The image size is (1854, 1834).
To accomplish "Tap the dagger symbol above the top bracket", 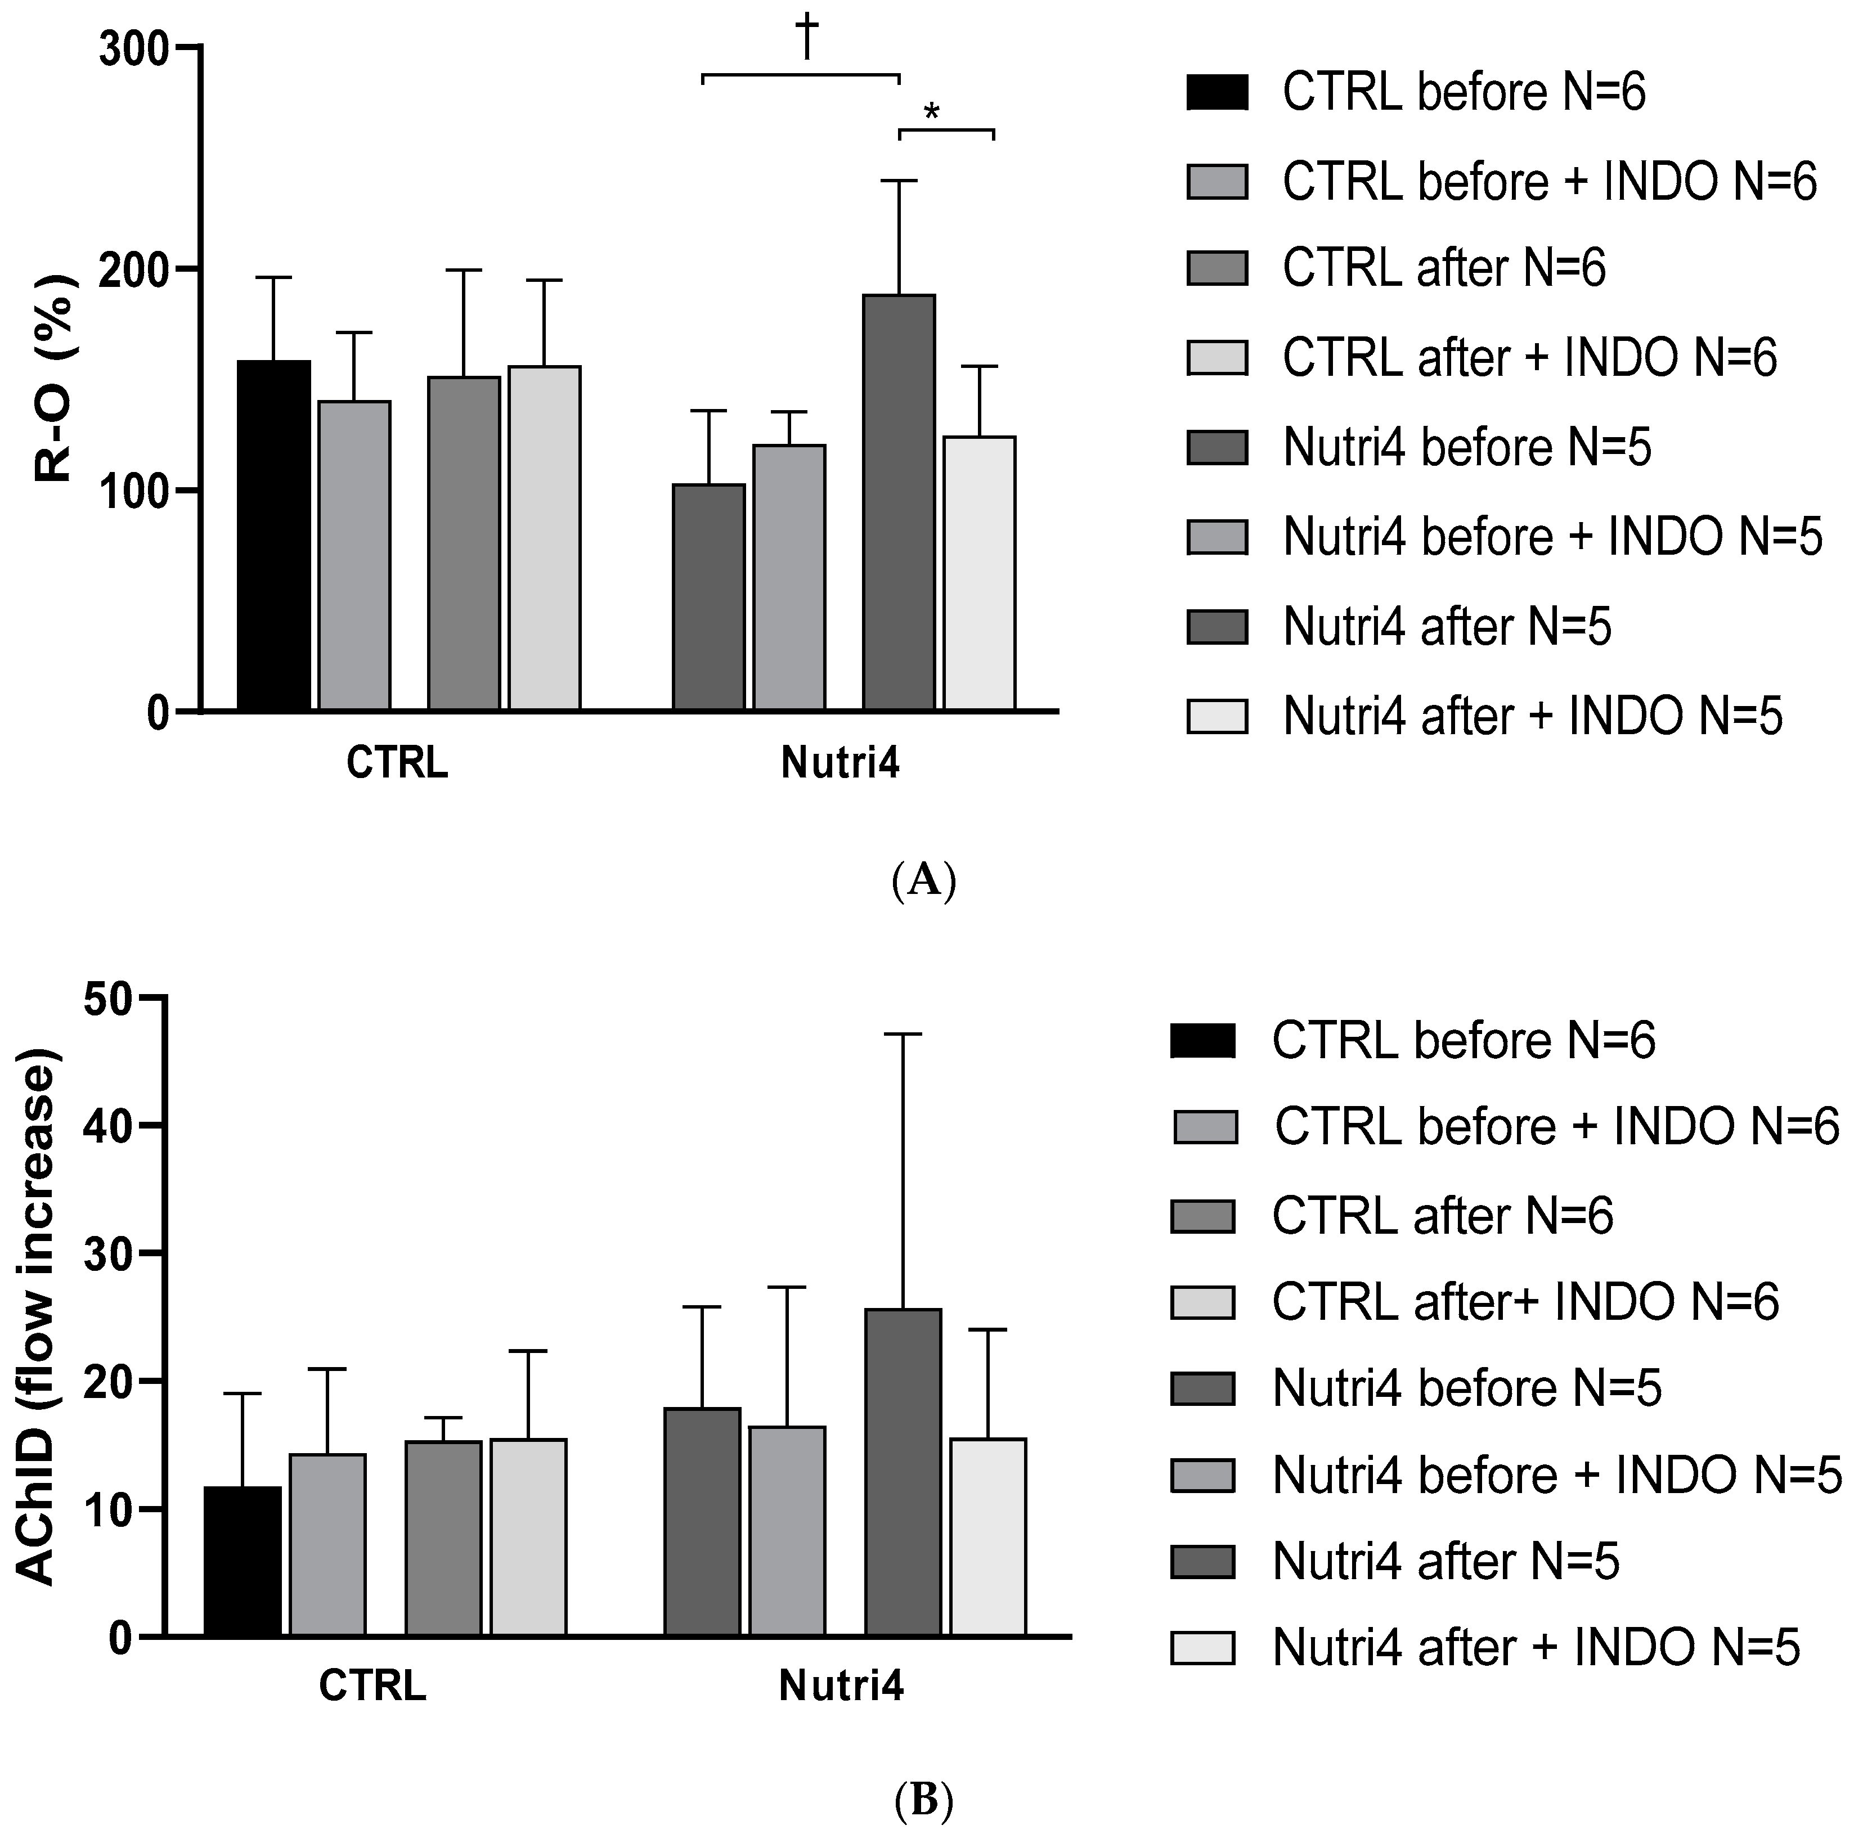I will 806,38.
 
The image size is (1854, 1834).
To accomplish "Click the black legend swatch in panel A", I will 1217,93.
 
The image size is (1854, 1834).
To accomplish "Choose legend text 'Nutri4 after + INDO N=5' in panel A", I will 1533,717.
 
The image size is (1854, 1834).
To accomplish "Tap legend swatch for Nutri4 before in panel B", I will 1202,1388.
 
